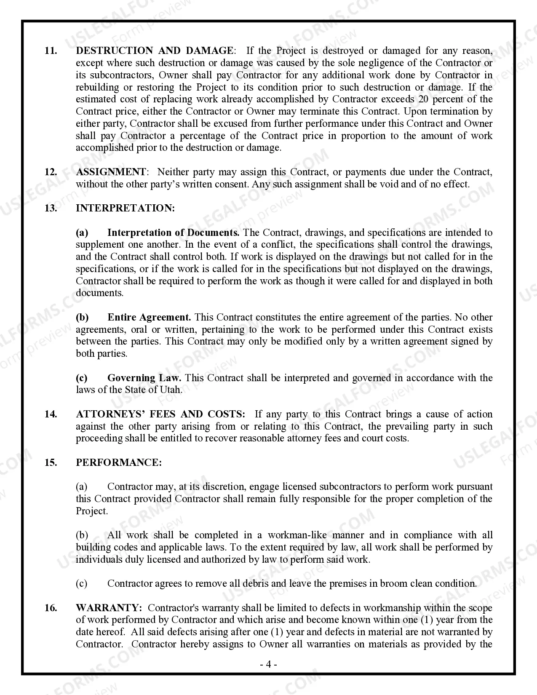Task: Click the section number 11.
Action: (x=51, y=51)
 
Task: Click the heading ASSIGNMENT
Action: (x=111, y=172)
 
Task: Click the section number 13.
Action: (x=51, y=208)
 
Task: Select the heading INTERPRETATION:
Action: (x=125, y=208)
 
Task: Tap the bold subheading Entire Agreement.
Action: (x=149, y=317)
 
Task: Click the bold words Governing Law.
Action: (x=144, y=378)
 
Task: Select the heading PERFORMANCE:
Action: (x=119, y=462)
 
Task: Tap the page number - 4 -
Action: (x=268, y=665)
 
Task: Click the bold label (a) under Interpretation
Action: (x=82, y=233)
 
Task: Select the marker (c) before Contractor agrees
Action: (x=82, y=584)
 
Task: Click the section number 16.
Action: (x=51, y=608)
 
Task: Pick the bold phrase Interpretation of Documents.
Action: (x=173, y=233)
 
